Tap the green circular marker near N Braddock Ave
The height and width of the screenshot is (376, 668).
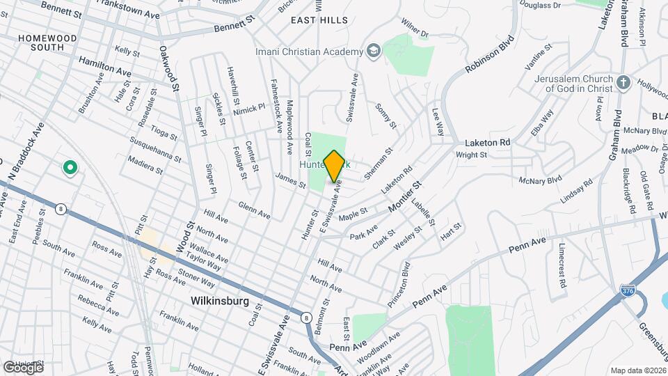click(x=70, y=167)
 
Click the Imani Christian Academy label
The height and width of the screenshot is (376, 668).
click(x=309, y=52)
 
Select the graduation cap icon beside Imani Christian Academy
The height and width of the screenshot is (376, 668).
click(x=374, y=51)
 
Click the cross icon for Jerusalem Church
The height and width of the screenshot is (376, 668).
click(x=623, y=83)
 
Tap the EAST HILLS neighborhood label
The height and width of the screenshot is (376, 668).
click(x=319, y=20)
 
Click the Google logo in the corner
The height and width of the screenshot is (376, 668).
click(x=23, y=368)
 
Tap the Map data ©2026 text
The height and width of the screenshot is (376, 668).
click(x=637, y=370)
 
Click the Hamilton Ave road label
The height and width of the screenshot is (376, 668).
click(x=104, y=68)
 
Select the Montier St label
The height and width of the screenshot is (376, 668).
click(x=408, y=198)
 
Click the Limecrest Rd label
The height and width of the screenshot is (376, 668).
click(x=561, y=265)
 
